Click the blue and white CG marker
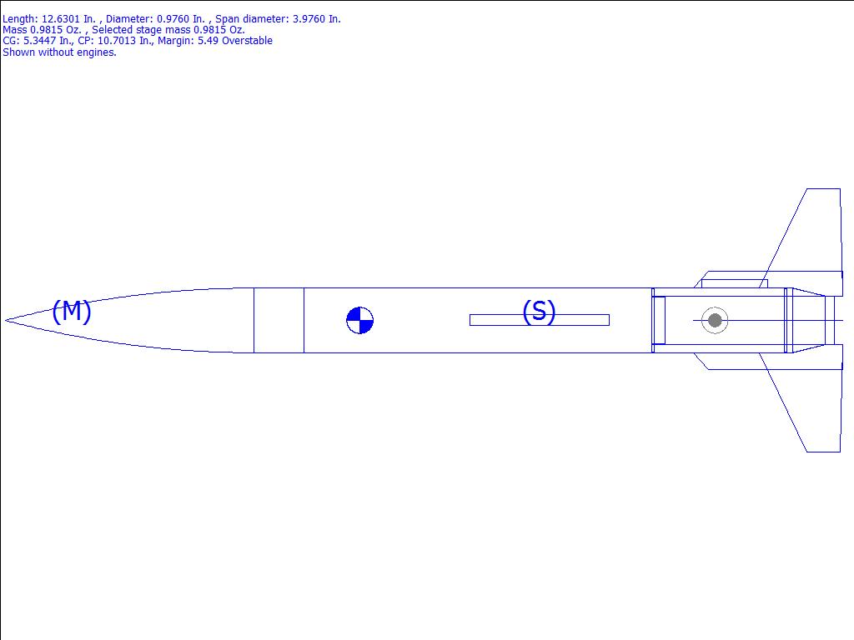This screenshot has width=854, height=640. [360, 320]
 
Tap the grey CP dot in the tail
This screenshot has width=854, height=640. [715, 321]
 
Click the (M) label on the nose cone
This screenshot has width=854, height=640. [72, 311]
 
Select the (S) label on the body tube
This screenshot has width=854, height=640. [539, 311]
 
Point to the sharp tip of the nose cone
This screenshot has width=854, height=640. [6, 320]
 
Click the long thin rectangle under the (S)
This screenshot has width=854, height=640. [540, 320]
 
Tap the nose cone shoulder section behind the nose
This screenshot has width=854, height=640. [279, 320]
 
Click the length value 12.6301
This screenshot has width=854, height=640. [61, 19]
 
